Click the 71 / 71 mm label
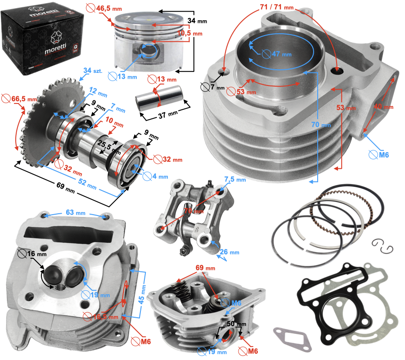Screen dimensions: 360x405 (x=276, y=7)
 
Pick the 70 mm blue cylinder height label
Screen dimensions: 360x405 (x=321, y=124)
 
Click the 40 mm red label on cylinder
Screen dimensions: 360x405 (x=384, y=107)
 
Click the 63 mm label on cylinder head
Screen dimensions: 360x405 (x=75, y=212)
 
